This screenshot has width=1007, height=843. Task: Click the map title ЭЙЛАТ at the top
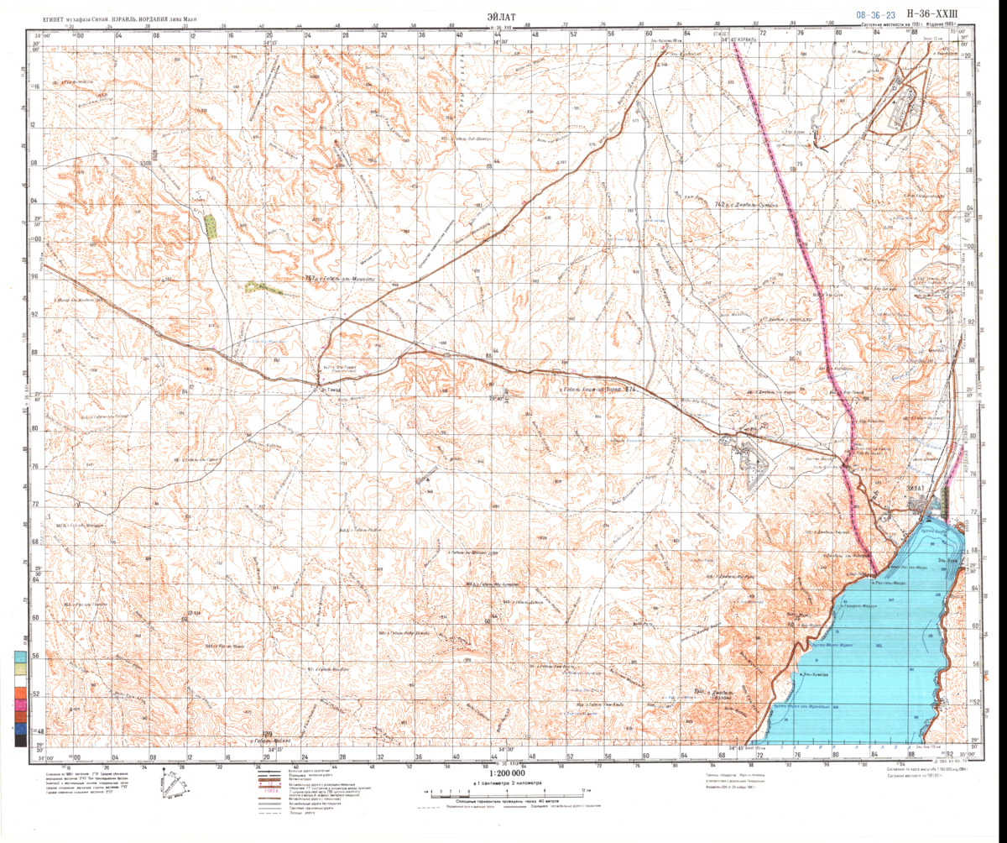tap(503, 15)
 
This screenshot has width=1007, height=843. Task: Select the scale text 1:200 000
tap(503, 773)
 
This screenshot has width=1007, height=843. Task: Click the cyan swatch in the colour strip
tap(18, 657)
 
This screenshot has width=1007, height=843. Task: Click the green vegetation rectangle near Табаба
tap(209, 226)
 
